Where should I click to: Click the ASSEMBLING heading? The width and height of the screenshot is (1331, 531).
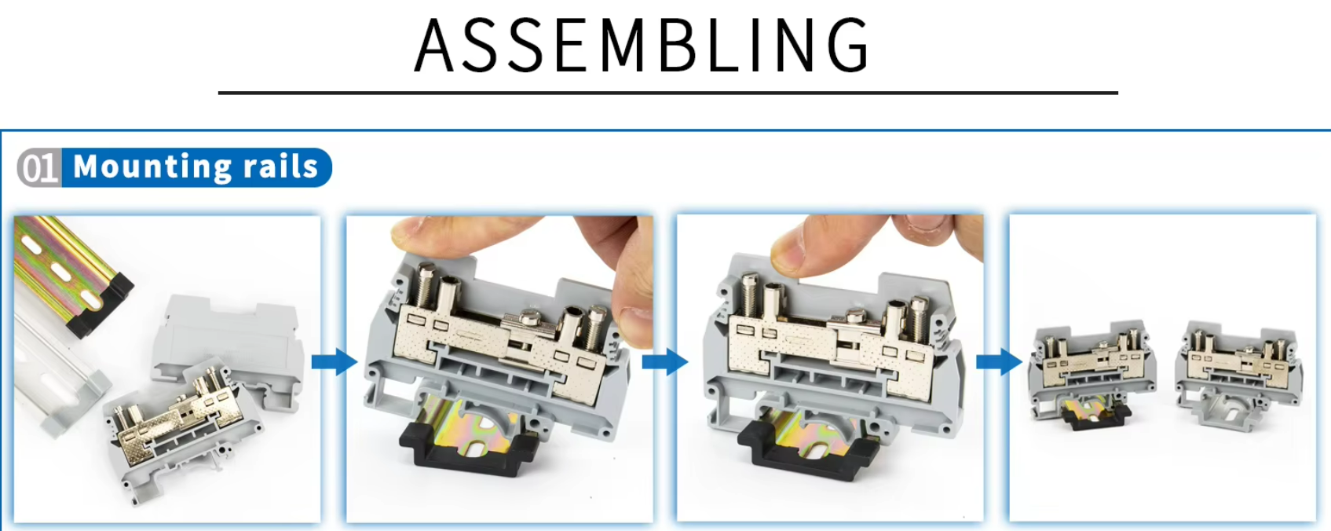click(x=642, y=46)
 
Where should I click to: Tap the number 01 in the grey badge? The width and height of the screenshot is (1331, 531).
click(x=40, y=167)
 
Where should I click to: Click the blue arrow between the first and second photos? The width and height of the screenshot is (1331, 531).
click(x=335, y=361)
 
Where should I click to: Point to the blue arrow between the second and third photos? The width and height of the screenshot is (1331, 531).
click(x=665, y=361)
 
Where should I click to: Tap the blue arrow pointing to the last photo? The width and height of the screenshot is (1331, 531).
click(x=999, y=361)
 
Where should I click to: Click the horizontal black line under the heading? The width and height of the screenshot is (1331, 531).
click(x=668, y=93)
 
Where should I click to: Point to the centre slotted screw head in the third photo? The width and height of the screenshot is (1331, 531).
click(x=857, y=316)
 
